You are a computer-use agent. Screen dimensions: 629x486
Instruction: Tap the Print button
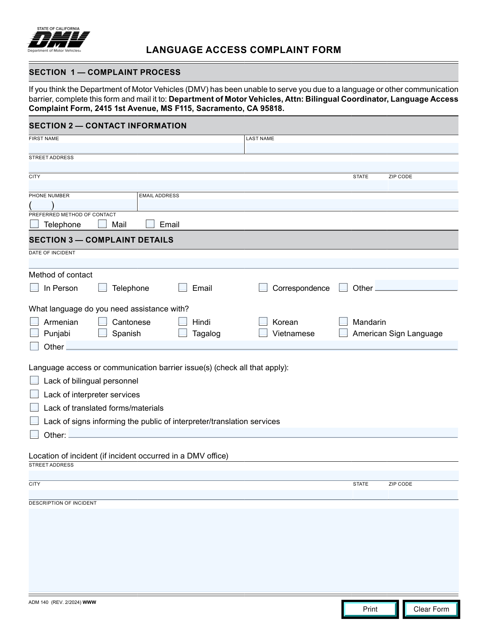click(370, 609)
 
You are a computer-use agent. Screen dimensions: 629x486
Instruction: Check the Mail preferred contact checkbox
click(102, 224)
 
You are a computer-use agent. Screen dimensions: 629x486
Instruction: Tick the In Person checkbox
click(34, 288)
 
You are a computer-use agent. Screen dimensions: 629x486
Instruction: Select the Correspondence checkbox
click(263, 288)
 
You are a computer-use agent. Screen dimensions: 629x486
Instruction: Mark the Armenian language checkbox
click(34, 322)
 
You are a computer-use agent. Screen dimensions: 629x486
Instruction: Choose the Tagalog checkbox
click(183, 333)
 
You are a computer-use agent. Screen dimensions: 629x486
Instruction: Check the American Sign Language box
click(343, 333)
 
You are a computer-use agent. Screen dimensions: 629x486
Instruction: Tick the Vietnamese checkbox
click(263, 333)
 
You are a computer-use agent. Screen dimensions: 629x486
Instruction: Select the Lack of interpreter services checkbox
click(34, 394)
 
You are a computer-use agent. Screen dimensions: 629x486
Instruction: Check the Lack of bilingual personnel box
click(34, 380)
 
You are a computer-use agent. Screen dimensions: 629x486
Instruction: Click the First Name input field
click(136, 148)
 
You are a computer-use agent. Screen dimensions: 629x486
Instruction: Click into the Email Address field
click(298, 205)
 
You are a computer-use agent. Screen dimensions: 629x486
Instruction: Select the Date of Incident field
click(243, 263)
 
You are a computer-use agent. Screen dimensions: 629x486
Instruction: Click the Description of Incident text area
click(243, 550)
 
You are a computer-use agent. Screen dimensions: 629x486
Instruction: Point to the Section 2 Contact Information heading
click(108, 126)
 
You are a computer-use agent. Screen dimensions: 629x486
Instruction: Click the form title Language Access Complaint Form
click(243, 50)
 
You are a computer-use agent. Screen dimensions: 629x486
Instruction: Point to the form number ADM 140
click(38, 602)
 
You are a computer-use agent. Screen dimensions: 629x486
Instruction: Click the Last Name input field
click(352, 148)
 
